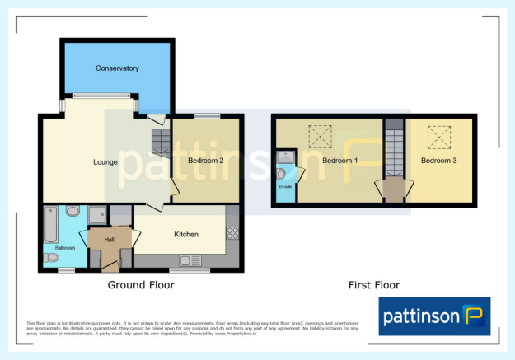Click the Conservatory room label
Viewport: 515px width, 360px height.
point(116,68)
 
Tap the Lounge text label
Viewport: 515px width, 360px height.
point(105,161)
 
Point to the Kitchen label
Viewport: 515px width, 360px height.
point(186,235)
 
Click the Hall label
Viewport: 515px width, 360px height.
point(109,240)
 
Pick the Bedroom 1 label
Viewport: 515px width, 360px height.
point(339,160)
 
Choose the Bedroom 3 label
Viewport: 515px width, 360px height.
point(438,160)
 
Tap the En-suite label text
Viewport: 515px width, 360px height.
point(285,187)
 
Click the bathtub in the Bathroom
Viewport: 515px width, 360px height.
point(49,222)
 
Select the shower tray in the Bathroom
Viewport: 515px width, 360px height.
point(96,213)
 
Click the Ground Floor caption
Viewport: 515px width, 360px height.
point(141,285)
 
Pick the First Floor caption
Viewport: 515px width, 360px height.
point(374,285)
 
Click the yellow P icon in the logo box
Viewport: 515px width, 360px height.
point(472,317)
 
